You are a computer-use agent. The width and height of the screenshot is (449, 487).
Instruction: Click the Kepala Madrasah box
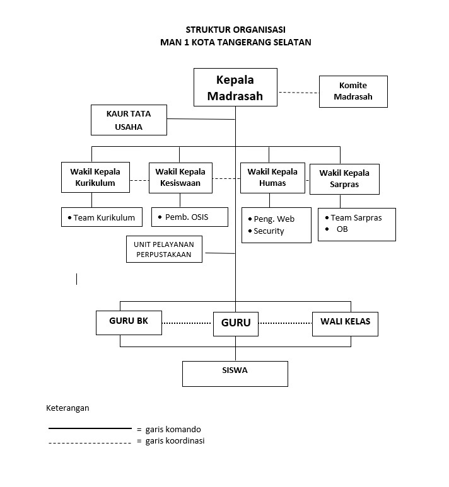[235, 87]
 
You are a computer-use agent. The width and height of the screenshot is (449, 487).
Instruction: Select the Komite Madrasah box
[353, 91]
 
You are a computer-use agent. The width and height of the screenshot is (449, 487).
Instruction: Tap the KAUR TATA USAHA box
[129, 120]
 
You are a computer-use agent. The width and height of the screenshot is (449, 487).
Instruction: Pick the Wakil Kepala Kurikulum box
[95, 177]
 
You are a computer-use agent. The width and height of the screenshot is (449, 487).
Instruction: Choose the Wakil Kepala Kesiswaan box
[180, 177]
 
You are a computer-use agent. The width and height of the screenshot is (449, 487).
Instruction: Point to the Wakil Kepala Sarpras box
[344, 179]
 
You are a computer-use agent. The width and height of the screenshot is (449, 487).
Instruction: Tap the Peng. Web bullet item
[274, 219]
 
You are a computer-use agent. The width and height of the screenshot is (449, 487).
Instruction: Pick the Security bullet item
[269, 231]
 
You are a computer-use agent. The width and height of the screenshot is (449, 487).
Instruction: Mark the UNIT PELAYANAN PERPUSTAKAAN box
[164, 249]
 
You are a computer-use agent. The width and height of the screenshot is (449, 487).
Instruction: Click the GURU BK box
[129, 322]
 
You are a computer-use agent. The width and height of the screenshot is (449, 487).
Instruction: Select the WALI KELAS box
[345, 323]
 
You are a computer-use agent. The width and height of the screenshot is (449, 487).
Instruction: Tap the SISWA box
[235, 373]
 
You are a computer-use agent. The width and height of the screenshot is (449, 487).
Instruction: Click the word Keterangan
[67, 408]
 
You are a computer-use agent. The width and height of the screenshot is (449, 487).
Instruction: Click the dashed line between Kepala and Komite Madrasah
[298, 93]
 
